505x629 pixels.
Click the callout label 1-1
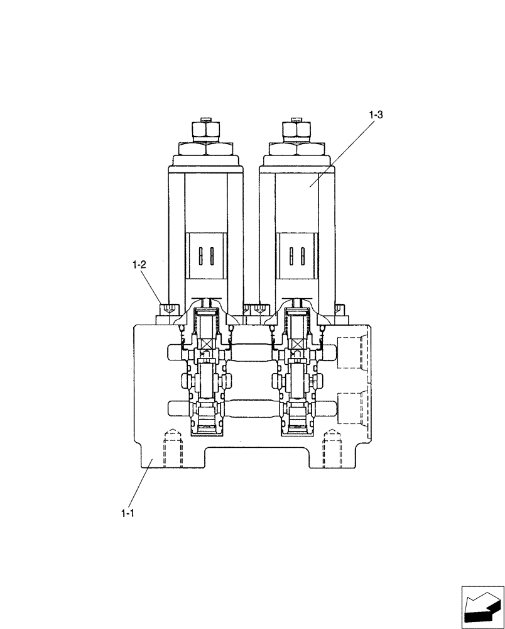pos(128,513)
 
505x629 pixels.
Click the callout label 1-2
pos(139,265)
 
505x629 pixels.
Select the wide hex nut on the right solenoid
pos(296,149)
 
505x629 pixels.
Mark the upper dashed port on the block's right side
pos(351,352)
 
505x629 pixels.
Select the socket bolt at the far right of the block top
pos(339,309)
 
